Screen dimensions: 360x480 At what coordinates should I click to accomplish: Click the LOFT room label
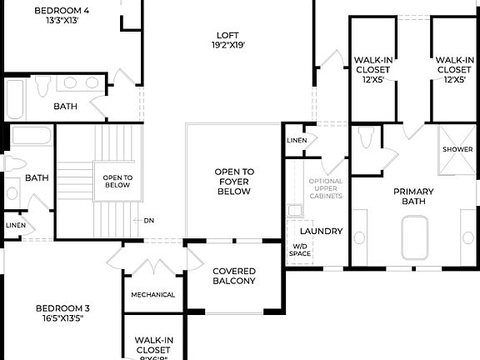(x=228, y=35)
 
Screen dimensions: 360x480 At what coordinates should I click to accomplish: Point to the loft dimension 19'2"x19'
(x=228, y=47)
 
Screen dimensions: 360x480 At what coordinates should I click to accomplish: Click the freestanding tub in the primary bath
(x=414, y=237)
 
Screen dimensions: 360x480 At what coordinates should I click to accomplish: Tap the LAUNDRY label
(x=321, y=231)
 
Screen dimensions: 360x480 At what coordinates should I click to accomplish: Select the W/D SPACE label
(x=299, y=250)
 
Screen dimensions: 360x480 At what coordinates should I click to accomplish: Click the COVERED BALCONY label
(x=233, y=276)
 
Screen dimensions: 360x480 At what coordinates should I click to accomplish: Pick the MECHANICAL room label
(x=152, y=294)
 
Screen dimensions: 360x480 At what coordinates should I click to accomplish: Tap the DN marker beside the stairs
(x=148, y=221)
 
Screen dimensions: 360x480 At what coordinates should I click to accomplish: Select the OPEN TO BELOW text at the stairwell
(x=117, y=182)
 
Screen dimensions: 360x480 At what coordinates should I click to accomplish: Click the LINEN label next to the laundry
(x=295, y=140)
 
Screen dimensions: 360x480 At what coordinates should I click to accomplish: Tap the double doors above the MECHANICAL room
(x=154, y=265)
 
